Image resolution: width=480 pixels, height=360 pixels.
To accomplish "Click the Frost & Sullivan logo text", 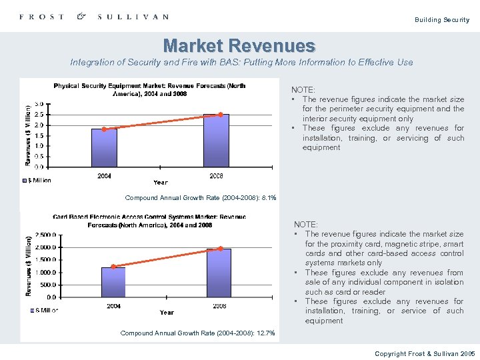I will click(93, 17).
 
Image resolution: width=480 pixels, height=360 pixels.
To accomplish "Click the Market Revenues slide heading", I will click(239, 46).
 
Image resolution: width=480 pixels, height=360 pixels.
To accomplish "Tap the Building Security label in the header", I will click(441, 20).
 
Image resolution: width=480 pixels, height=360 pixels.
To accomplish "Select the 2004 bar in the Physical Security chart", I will click(104, 148).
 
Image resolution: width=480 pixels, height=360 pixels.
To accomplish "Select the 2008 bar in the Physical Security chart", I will click(216, 141).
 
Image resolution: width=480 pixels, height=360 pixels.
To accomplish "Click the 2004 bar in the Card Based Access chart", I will click(113, 282).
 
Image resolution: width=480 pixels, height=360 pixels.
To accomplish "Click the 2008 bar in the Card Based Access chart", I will click(219, 273).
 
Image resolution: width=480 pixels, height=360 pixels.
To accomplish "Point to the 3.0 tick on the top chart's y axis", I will click(39, 104).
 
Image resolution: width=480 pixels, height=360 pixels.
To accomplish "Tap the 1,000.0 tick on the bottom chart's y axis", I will click(45, 273).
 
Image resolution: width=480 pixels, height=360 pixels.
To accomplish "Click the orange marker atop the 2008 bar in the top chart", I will click(221, 115).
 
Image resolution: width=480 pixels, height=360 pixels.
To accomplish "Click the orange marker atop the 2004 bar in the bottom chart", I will click(114, 267).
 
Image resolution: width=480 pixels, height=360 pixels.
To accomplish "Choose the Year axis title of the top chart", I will click(161, 182).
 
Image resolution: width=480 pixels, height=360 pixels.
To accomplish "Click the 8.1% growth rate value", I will click(269, 198).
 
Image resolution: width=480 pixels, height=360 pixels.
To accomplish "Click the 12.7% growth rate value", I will click(265, 333).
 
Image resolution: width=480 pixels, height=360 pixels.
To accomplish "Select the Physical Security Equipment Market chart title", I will click(149, 89).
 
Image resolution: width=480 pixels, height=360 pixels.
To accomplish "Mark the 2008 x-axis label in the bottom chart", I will click(219, 306).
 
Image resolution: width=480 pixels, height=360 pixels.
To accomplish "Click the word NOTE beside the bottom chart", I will click(306, 225).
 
